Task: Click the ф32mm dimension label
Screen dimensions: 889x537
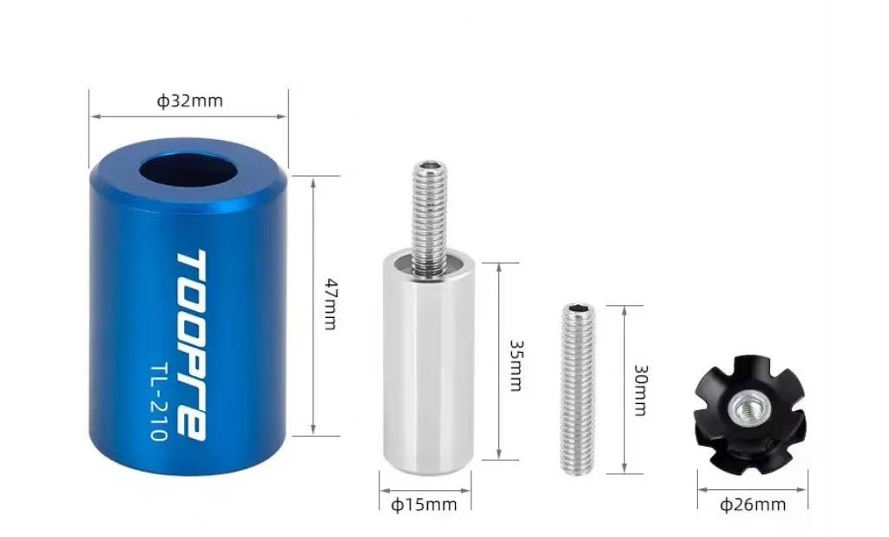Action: pos(190,101)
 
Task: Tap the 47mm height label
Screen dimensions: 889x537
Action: pos(331,304)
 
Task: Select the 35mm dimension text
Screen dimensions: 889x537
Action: pos(517,366)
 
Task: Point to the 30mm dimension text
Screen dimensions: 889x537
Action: pos(641,390)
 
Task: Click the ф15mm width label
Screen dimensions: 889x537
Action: pos(424,504)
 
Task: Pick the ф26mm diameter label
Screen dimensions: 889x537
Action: pos(753,504)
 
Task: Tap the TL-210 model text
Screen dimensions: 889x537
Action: pos(159,402)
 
